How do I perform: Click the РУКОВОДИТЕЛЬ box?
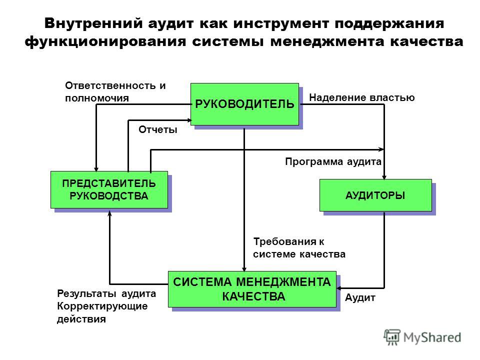[x=244, y=104]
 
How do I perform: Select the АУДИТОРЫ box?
[x=375, y=195]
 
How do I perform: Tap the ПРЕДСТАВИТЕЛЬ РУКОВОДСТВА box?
[x=109, y=190]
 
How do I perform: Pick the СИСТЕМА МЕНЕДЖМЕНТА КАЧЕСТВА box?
[x=252, y=289]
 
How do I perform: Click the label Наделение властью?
[x=362, y=97]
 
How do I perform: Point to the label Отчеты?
[x=158, y=130]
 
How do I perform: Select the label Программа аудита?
[x=333, y=161]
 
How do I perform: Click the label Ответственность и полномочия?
[x=115, y=92]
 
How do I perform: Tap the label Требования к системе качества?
[x=299, y=248]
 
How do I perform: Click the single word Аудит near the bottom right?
[x=360, y=297]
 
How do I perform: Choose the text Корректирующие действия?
[x=102, y=312]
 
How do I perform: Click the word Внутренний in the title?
[x=93, y=23]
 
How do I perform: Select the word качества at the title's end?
[x=426, y=41]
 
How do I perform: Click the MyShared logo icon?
[x=392, y=337]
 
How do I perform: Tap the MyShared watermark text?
[x=432, y=337]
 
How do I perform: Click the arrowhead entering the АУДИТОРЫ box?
[x=384, y=177]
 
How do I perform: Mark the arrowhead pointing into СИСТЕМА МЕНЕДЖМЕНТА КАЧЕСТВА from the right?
[x=339, y=288]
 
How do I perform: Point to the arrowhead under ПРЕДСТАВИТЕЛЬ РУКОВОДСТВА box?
[x=109, y=213]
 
